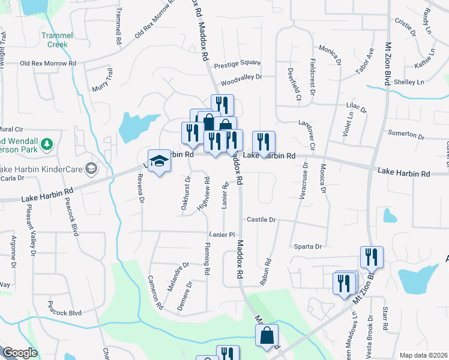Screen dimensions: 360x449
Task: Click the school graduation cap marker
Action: click(x=160, y=161)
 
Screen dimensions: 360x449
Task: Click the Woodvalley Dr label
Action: click(x=241, y=77)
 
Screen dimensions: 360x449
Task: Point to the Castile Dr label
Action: click(x=261, y=220)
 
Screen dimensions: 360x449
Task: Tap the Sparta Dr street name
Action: click(x=308, y=247)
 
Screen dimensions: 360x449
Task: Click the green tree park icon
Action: click(x=47, y=144)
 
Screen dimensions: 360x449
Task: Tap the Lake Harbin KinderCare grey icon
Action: click(x=91, y=167)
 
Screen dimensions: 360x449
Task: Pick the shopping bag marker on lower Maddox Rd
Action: click(x=267, y=336)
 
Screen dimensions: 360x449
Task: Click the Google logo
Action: click(x=20, y=353)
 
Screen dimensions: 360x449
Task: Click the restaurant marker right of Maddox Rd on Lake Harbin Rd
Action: click(x=264, y=142)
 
